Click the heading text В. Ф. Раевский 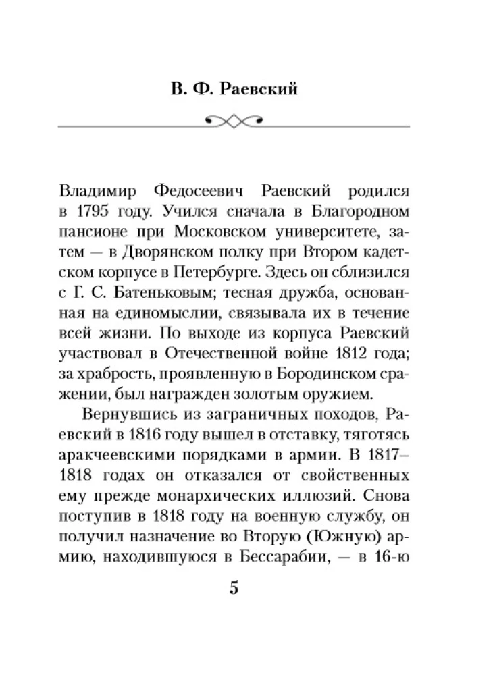[246, 88]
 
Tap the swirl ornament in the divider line [246, 121]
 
